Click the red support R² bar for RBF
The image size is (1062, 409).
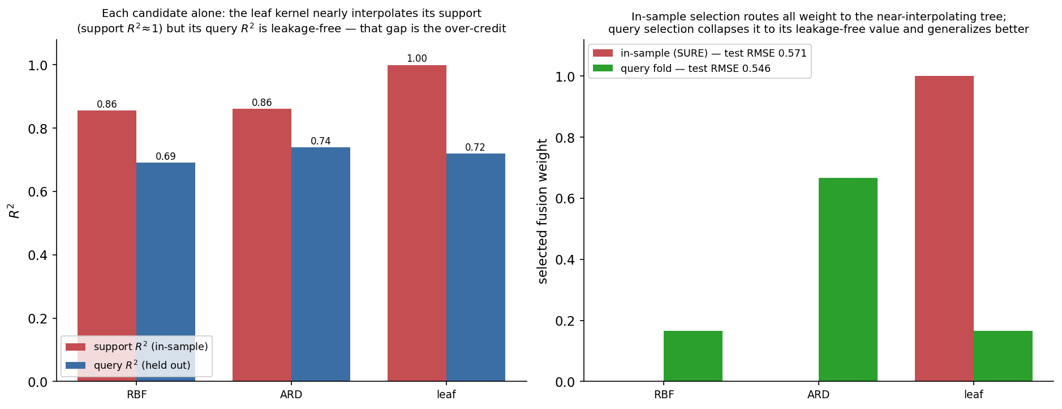107,246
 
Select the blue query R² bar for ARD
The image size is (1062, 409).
321,264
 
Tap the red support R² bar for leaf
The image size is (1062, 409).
417,223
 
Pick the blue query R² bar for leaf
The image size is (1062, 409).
476,267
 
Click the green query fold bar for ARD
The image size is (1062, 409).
848,280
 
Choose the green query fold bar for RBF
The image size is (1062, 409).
693,356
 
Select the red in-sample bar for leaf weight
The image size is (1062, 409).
944,229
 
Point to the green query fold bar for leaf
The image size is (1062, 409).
1003,356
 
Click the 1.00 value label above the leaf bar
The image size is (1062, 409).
417,58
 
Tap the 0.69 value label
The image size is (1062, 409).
166,156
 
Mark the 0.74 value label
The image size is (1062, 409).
321,141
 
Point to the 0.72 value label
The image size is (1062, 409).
475,147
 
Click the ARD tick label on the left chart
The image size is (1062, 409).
291,394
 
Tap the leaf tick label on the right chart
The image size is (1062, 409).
974,394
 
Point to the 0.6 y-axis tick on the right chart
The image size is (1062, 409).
565,199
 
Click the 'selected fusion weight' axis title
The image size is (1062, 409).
543,211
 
